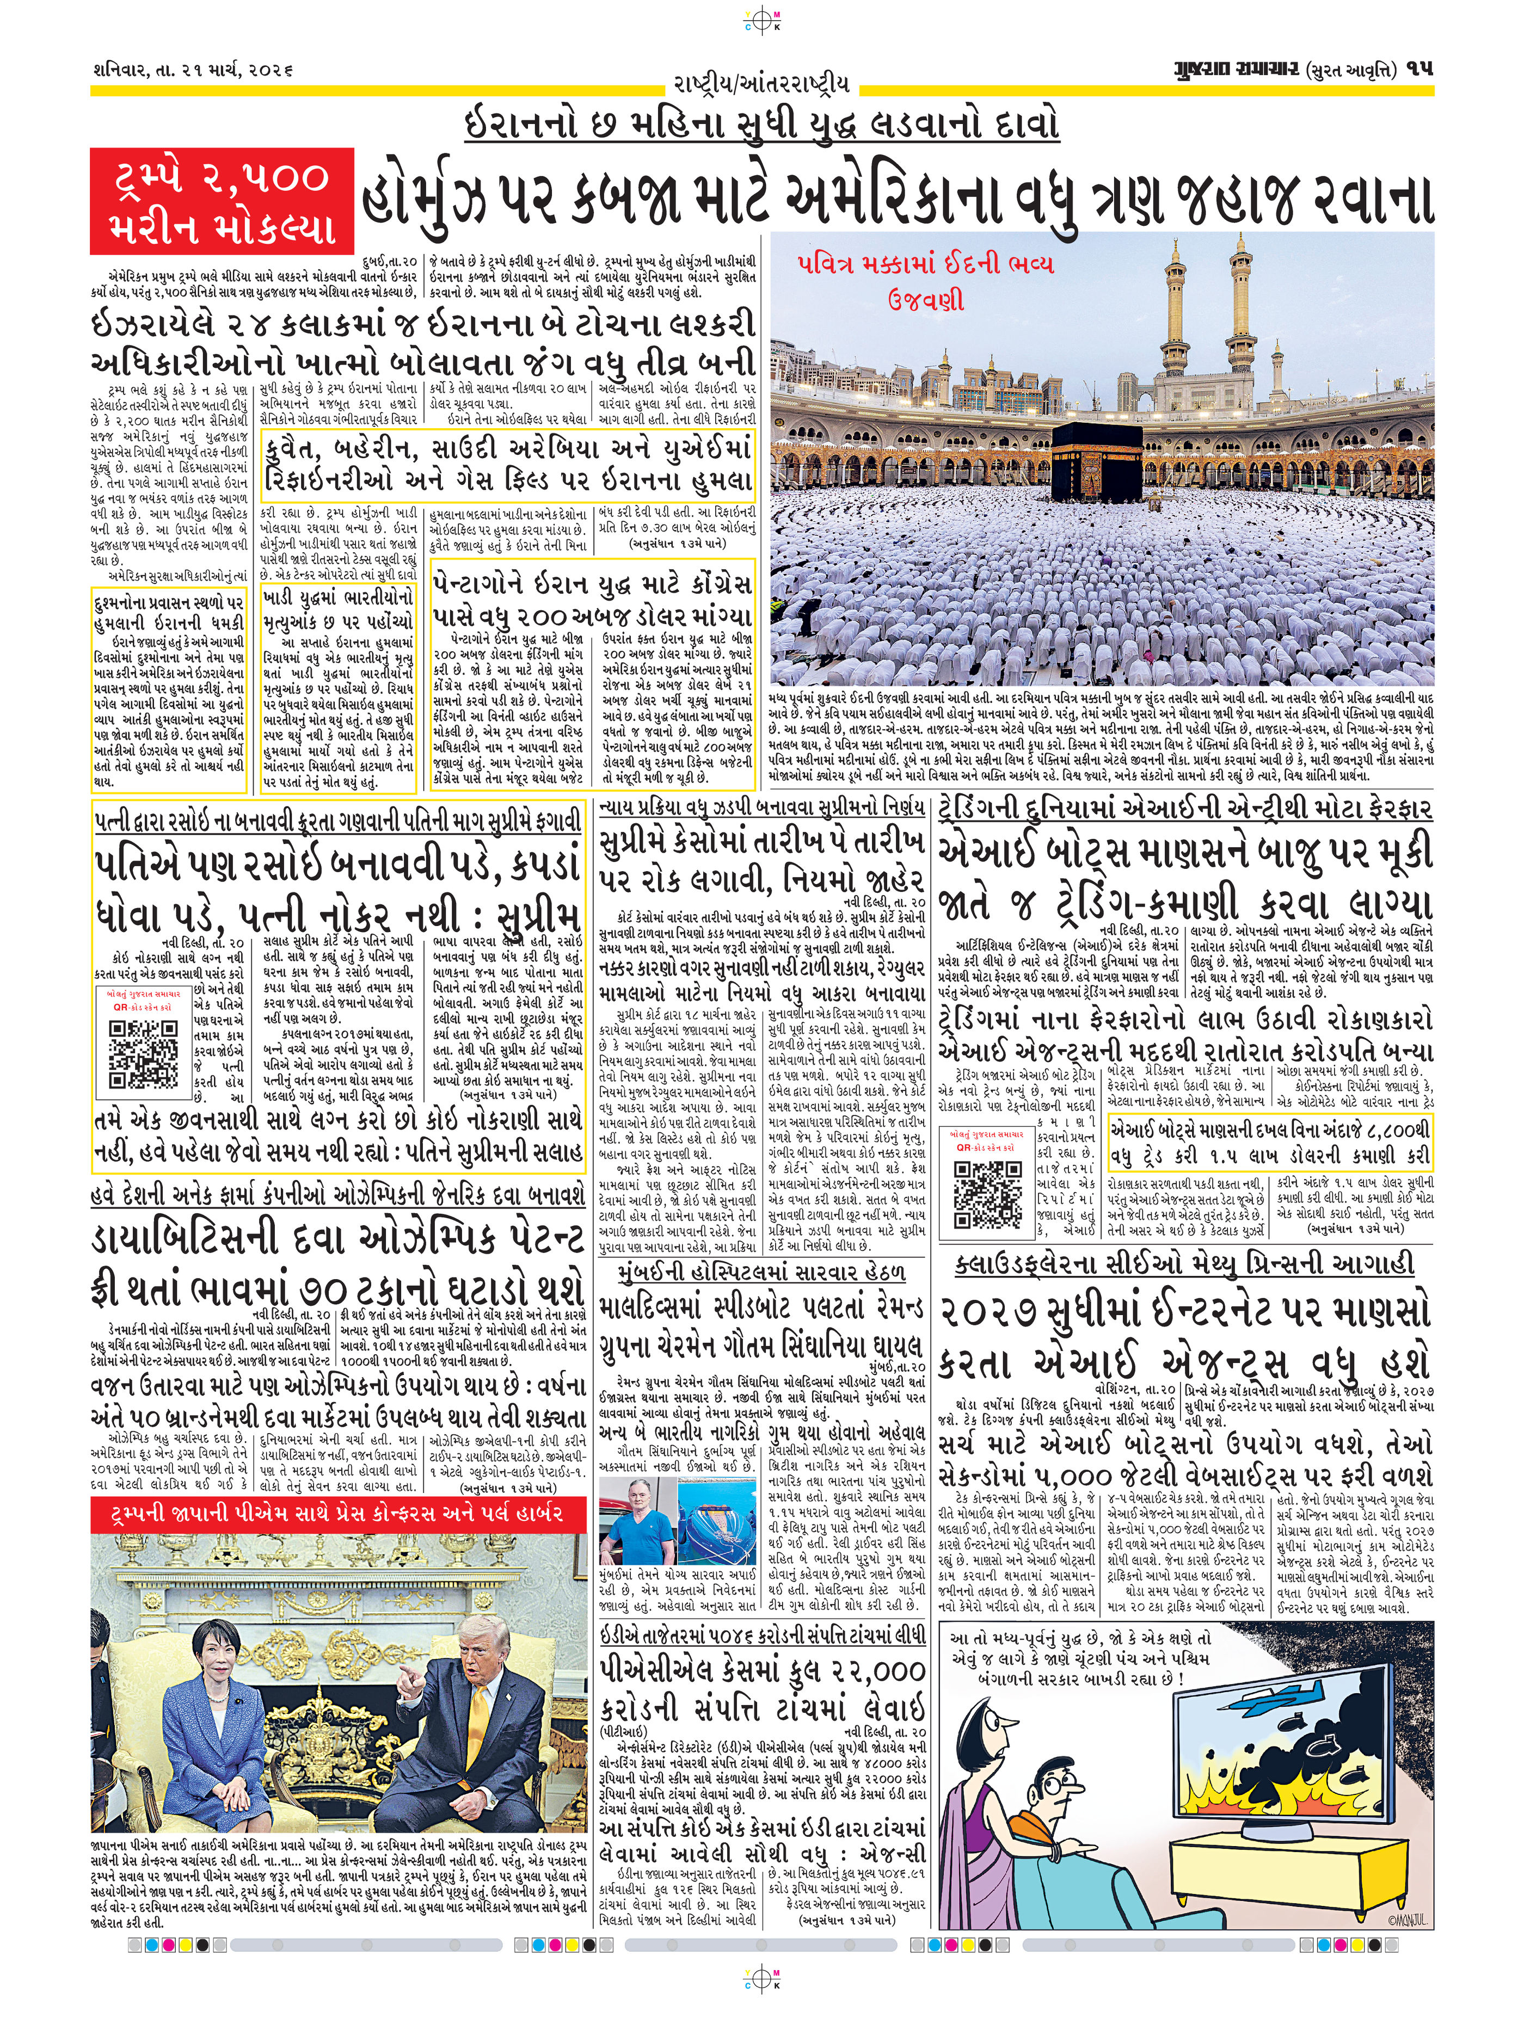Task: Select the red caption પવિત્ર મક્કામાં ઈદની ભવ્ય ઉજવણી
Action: [x=924, y=282]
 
